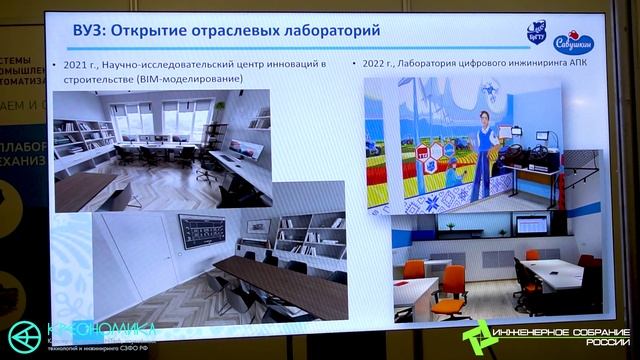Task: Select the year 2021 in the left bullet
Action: [x=76, y=65]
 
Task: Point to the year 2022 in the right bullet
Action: [x=372, y=64]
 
